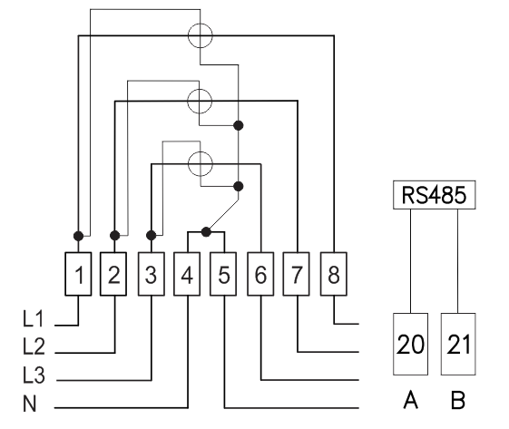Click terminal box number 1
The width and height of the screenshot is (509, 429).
tap(78, 274)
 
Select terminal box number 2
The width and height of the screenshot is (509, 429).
tap(113, 274)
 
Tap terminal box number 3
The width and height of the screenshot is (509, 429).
tap(152, 274)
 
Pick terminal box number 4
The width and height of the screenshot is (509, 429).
tap(187, 274)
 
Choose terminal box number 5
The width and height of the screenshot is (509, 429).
tap(223, 274)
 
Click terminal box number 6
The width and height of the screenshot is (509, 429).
tap(260, 274)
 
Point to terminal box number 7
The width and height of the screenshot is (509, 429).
tap(297, 274)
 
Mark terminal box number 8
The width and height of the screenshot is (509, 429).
tap(334, 274)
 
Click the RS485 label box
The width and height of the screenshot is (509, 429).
tap(435, 195)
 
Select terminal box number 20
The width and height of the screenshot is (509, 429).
tap(411, 344)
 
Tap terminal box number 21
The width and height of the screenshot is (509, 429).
tap(458, 344)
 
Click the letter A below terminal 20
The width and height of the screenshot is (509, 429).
tap(411, 400)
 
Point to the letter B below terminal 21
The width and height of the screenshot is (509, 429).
tap(458, 400)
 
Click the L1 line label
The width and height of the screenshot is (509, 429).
tap(33, 318)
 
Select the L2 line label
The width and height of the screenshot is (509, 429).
tap(34, 346)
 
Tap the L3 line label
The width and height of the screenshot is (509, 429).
tap(34, 375)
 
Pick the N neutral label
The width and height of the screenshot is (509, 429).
tap(30, 404)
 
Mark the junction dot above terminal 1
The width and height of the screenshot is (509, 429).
tap(78, 236)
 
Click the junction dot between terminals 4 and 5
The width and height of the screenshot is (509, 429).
tap(206, 232)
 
